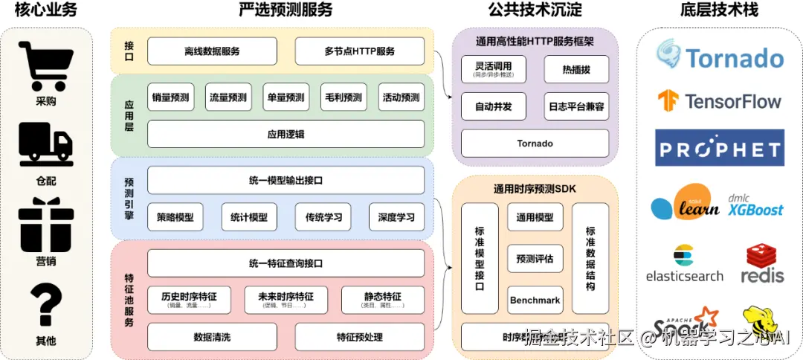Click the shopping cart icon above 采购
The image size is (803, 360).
click(46, 67)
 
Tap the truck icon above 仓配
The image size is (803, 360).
click(46, 144)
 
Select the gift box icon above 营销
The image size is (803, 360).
click(46, 225)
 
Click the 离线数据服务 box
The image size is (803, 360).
click(212, 51)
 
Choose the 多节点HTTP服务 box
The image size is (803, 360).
click(359, 51)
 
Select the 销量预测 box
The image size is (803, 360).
click(170, 97)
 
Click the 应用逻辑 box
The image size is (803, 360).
click(286, 135)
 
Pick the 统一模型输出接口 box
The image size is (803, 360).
click(286, 180)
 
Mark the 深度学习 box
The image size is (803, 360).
click(396, 217)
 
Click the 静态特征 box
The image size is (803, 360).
click(382, 299)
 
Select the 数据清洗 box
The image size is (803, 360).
click(212, 337)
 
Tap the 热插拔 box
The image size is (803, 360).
click(575, 69)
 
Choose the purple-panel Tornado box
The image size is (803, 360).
click(535, 144)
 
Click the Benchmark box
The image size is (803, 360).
click(535, 300)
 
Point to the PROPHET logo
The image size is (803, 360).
click(719, 148)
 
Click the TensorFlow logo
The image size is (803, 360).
click(719, 101)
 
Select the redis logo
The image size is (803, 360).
click(762, 264)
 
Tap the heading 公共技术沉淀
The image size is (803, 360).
click(535, 10)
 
